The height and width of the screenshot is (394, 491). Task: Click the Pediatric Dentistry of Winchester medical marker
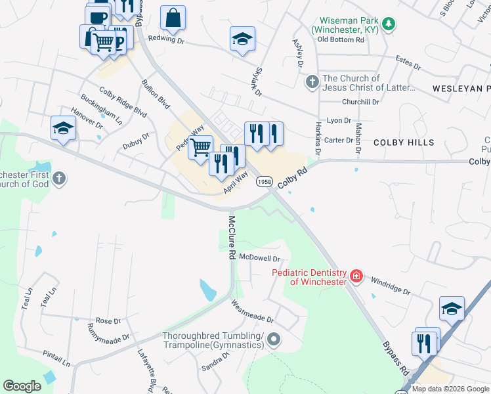[356, 276]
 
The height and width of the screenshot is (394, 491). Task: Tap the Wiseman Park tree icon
[389, 24]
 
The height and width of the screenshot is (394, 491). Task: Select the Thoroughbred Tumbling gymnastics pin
[274, 339]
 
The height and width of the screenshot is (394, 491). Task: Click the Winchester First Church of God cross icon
[59, 178]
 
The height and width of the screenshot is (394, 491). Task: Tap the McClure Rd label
[232, 234]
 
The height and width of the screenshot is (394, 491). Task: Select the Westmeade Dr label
[252, 311]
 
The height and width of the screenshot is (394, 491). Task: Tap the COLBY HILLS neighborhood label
[404, 142]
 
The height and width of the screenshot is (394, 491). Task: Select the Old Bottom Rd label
[340, 39]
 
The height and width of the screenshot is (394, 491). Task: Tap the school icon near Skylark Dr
[242, 39]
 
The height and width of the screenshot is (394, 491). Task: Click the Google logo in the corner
[22, 386]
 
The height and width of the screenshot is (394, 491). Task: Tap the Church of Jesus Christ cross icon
[312, 83]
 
